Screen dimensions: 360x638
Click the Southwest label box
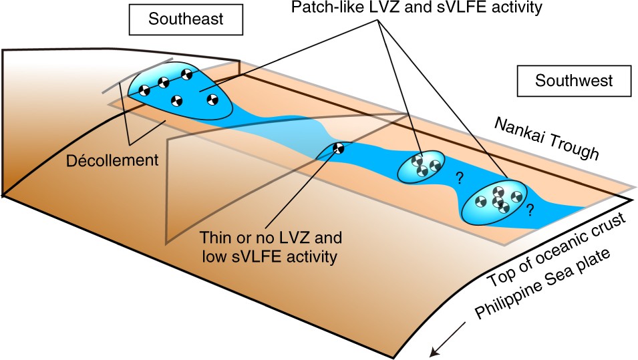[x=574, y=81]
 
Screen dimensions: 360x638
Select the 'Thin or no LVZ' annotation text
[x=247, y=236]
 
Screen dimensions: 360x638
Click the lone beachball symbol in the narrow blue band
[x=339, y=148]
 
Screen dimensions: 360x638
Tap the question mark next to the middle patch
[x=459, y=178]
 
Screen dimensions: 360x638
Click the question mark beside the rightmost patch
[x=529, y=210]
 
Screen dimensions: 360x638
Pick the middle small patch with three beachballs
[x=420, y=166]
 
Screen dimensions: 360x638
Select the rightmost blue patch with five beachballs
[x=496, y=200]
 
